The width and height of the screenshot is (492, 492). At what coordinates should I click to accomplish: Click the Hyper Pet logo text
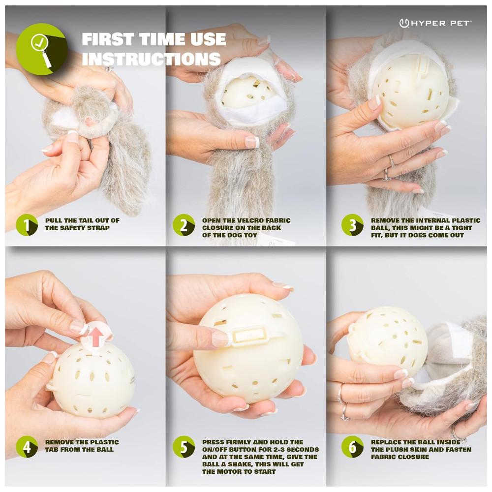click(x=435, y=23)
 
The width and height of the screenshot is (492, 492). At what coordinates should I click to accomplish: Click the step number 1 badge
click(x=27, y=225)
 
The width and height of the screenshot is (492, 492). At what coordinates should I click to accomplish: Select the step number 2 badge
click(x=184, y=225)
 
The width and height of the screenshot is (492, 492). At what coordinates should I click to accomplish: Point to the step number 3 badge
click(x=352, y=225)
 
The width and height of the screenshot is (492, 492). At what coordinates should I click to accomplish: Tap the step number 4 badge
click(x=27, y=447)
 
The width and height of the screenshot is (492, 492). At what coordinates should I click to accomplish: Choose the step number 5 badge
click(x=184, y=447)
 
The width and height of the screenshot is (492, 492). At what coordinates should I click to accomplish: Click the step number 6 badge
click(x=352, y=447)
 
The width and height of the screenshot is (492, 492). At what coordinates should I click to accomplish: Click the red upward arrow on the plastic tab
click(x=96, y=336)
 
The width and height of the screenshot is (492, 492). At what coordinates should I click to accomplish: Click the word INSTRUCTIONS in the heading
click(x=151, y=59)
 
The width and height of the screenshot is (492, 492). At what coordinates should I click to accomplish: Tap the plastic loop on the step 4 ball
click(x=51, y=385)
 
